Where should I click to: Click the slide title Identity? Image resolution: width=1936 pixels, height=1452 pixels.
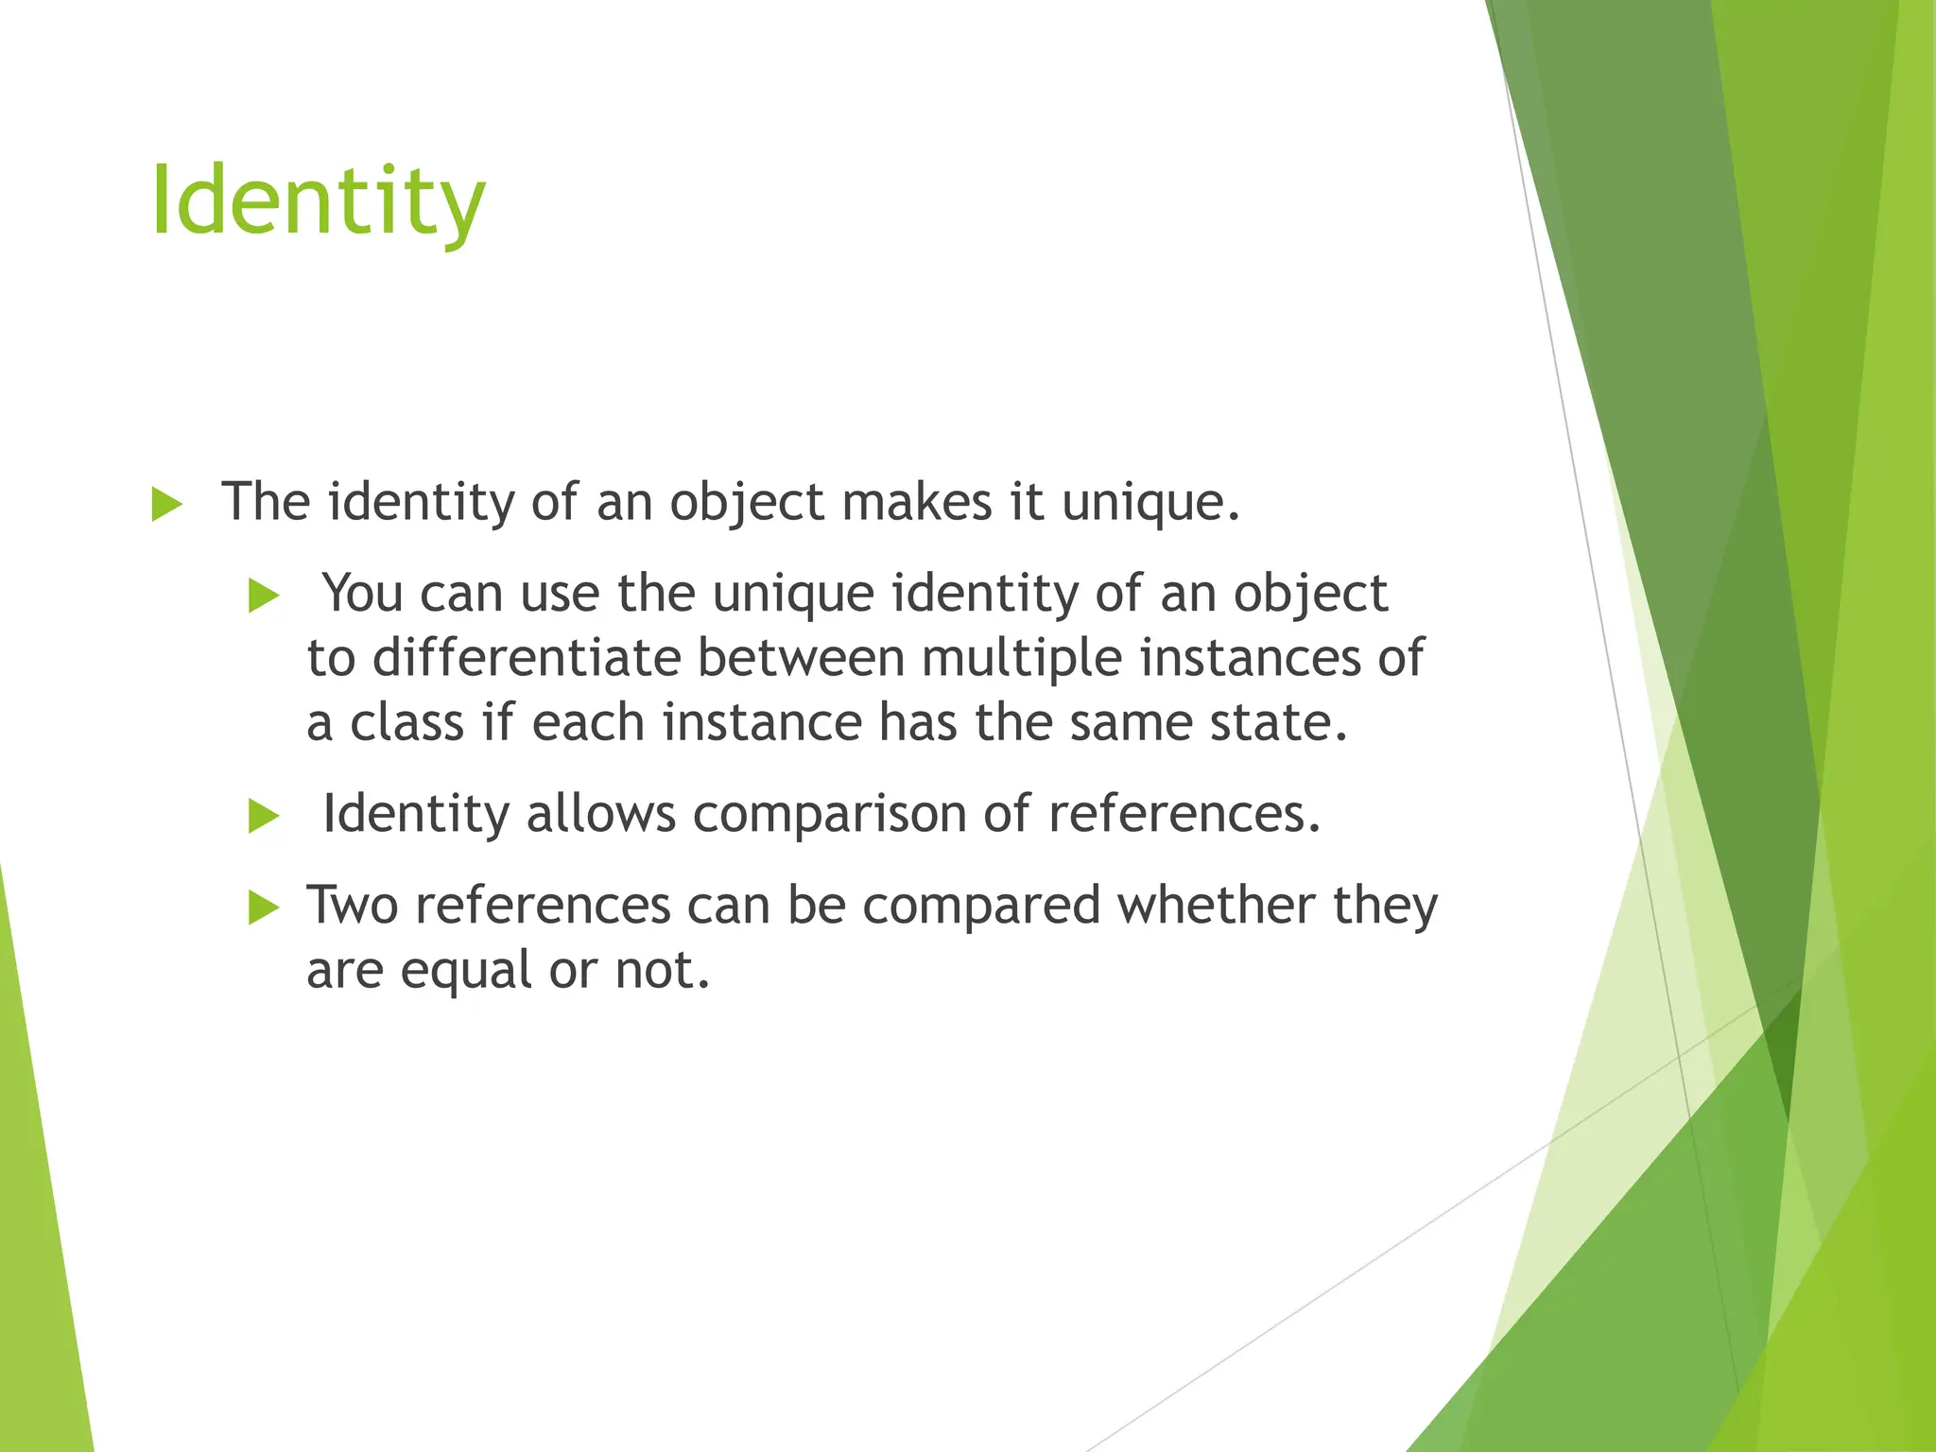[x=318, y=200]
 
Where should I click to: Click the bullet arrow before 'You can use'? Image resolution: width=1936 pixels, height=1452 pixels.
[x=264, y=596]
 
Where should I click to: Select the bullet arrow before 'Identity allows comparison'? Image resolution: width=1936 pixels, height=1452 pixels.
[x=264, y=816]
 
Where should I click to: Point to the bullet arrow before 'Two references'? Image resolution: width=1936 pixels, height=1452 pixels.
[x=264, y=908]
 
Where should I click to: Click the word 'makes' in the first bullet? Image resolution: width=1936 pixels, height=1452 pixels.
[x=916, y=501]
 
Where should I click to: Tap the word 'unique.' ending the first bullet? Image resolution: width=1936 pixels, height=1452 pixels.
[x=1150, y=503]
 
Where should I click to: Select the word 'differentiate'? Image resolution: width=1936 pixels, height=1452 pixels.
[x=527, y=657]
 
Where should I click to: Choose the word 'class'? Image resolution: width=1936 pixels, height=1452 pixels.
[x=407, y=722]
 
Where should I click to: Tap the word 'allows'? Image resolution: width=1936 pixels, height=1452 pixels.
[x=601, y=813]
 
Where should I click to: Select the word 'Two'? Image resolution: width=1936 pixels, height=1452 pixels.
[x=352, y=905]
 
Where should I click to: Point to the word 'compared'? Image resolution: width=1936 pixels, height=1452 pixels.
[x=981, y=907]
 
